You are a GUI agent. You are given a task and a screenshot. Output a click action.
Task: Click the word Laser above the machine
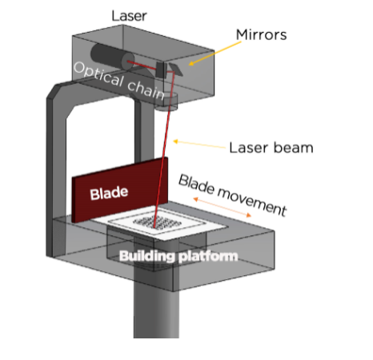click(x=129, y=16)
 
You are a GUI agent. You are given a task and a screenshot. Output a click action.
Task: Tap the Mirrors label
click(x=262, y=35)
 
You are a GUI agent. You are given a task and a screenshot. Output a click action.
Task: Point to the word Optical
click(x=99, y=75)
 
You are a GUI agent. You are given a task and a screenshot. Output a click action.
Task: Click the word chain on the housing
click(x=146, y=90)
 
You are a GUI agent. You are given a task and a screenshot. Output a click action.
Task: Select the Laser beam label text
click(x=271, y=148)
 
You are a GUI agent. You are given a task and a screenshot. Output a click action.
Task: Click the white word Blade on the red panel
click(x=109, y=193)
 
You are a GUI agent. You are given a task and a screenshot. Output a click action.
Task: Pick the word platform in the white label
click(x=208, y=257)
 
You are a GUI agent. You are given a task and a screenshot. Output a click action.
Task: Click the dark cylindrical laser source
click(x=112, y=57)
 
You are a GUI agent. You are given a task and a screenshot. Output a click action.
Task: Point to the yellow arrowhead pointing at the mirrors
click(x=191, y=63)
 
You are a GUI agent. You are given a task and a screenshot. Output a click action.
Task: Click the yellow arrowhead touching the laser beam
click(x=175, y=141)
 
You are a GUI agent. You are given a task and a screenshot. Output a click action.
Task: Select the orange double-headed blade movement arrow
click(x=223, y=207)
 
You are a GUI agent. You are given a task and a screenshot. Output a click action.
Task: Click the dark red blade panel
click(x=120, y=190)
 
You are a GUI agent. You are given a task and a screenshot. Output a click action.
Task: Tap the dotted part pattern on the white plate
click(x=157, y=222)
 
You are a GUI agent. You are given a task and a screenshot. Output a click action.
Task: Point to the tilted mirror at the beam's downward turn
click(x=176, y=70)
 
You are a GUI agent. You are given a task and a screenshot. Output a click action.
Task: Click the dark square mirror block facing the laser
click(x=162, y=70)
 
